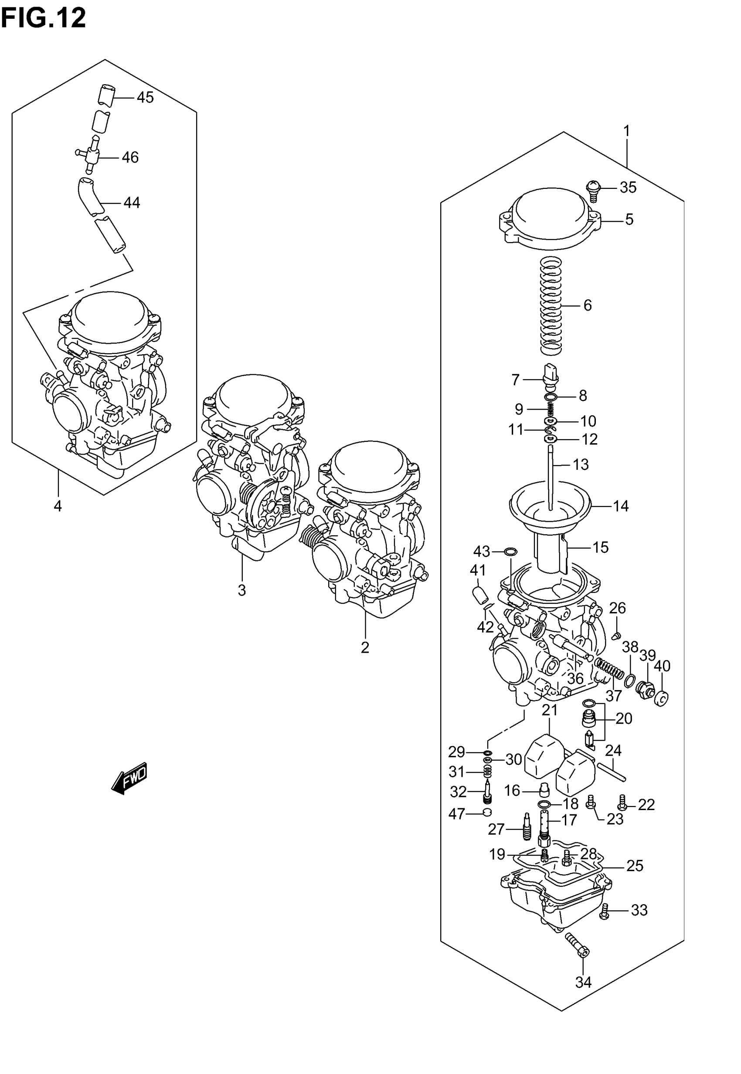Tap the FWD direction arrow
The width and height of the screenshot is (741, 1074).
[129, 778]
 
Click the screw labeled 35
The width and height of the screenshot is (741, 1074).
[593, 191]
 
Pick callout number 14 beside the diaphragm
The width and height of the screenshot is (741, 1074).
[621, 506]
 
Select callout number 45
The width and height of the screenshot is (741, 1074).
[145, 98]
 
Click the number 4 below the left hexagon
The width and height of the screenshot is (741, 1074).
[58, 506]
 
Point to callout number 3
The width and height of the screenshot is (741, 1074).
[241, 590]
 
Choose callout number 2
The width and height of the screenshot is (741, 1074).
[365, 647]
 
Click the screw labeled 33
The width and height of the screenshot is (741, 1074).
[604, 911]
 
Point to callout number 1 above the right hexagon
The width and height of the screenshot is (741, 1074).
[626, 131]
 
